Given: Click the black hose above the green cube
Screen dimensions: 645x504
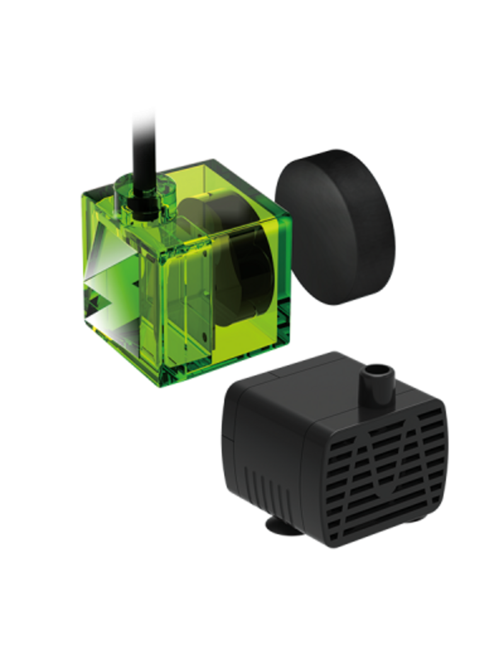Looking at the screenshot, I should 142,145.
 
